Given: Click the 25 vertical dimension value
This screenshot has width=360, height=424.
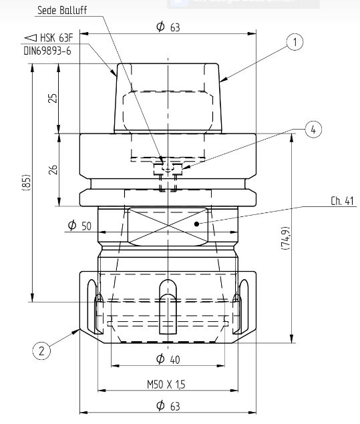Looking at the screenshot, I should click(53, 98).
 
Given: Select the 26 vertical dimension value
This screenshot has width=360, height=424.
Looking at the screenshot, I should click(53, 170).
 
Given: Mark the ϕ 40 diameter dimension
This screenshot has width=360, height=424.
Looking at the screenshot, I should click(168, 359).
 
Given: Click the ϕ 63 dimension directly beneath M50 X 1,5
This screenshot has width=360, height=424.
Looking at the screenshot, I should click(168, 405).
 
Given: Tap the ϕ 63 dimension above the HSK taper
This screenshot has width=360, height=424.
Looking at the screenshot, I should click(168, 27).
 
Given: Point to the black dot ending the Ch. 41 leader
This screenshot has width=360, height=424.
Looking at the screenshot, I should click(196, 224).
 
